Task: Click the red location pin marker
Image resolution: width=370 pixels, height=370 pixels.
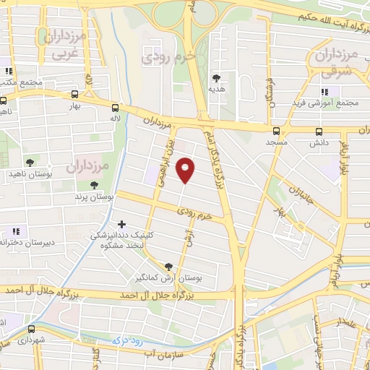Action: point(186,170)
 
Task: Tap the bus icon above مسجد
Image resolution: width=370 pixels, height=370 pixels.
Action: point(275,131)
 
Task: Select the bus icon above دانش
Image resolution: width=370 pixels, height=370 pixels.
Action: point(319,131)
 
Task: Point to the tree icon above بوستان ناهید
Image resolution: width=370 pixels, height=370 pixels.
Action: point(29,163)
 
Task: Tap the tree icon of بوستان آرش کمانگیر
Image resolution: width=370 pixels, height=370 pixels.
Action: point(168,266)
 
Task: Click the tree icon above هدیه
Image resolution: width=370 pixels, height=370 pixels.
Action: point(216,77)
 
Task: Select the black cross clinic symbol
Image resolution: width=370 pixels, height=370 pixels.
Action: point(121,225)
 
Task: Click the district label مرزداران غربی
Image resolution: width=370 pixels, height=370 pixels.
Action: point(64,43)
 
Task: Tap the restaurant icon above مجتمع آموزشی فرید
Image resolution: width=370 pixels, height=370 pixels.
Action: point(324,92)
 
